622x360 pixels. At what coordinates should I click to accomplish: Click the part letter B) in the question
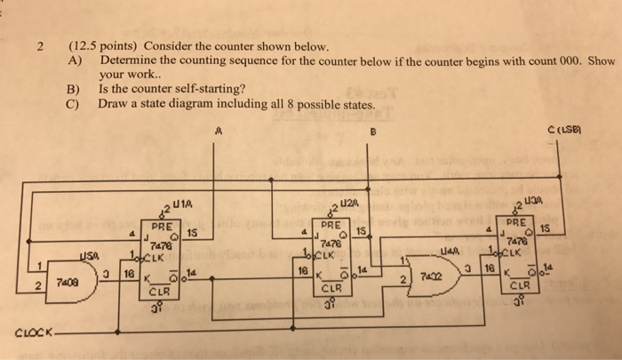click(74, 90)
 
